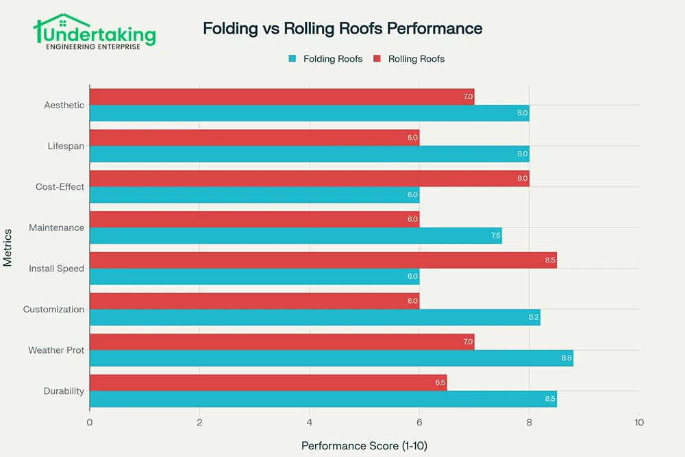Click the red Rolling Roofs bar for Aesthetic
click(282, 97)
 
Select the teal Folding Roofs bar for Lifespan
click(309, 153)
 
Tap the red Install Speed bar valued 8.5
click(323, 260)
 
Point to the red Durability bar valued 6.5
click(268, 382)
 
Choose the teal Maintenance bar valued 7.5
click(295, 236)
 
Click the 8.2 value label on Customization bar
click(534, 317)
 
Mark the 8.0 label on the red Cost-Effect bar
click(523, 178)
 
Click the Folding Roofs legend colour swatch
click(292, 59)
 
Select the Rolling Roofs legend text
click(416, 59)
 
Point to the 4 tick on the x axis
click(310, 423)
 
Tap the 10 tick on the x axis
click(638, 423)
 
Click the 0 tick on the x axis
click(90, 423)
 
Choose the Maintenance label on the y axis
click(56, 227)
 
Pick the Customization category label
click(53, 309)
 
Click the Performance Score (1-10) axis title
click(364, 445)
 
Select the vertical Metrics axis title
click(8, 247)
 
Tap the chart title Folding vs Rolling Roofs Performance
click(342, 29)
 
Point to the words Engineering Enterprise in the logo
click(94, 47)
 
